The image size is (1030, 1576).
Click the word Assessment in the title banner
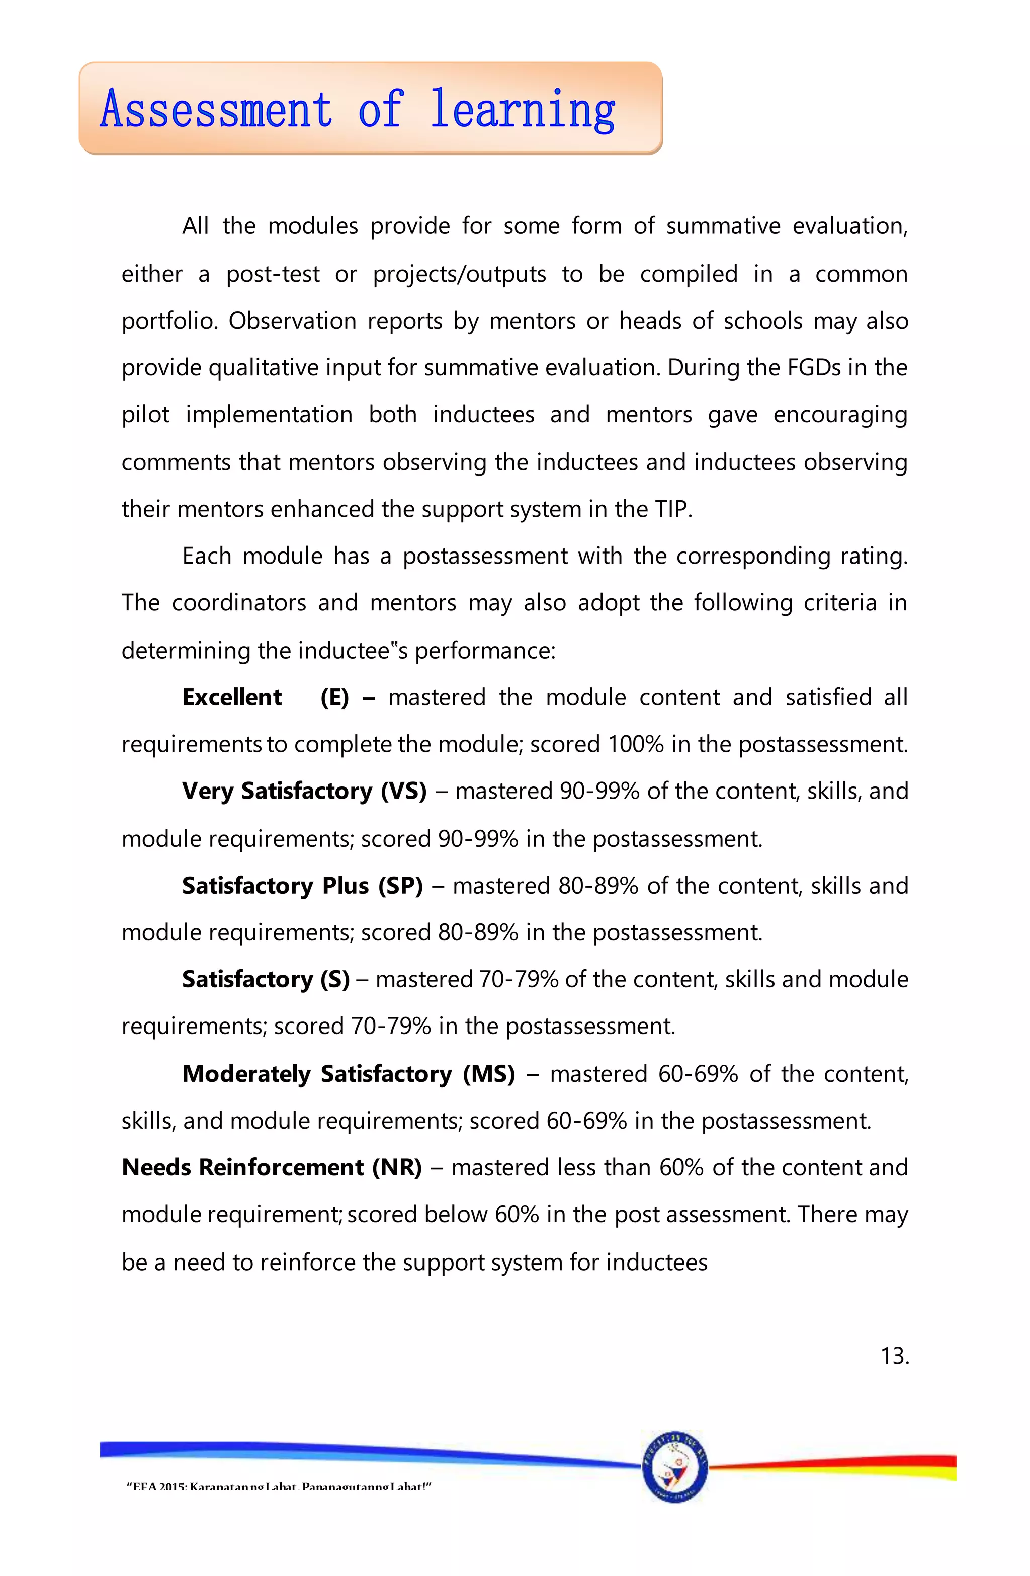point(216,110)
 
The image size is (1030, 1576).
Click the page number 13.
point(894,1356)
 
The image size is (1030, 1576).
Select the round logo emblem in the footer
point(674,1466)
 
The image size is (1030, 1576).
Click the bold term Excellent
point(232,697)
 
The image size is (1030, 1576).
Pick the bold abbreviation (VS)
point(403,792)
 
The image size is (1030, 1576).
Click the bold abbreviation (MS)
point(488,1073)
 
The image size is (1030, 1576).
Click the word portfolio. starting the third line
point(169,321)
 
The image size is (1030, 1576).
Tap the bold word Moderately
point(246,1073)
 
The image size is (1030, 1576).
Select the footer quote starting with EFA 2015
point(279,1486)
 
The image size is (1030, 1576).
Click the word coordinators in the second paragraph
point(238,603)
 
